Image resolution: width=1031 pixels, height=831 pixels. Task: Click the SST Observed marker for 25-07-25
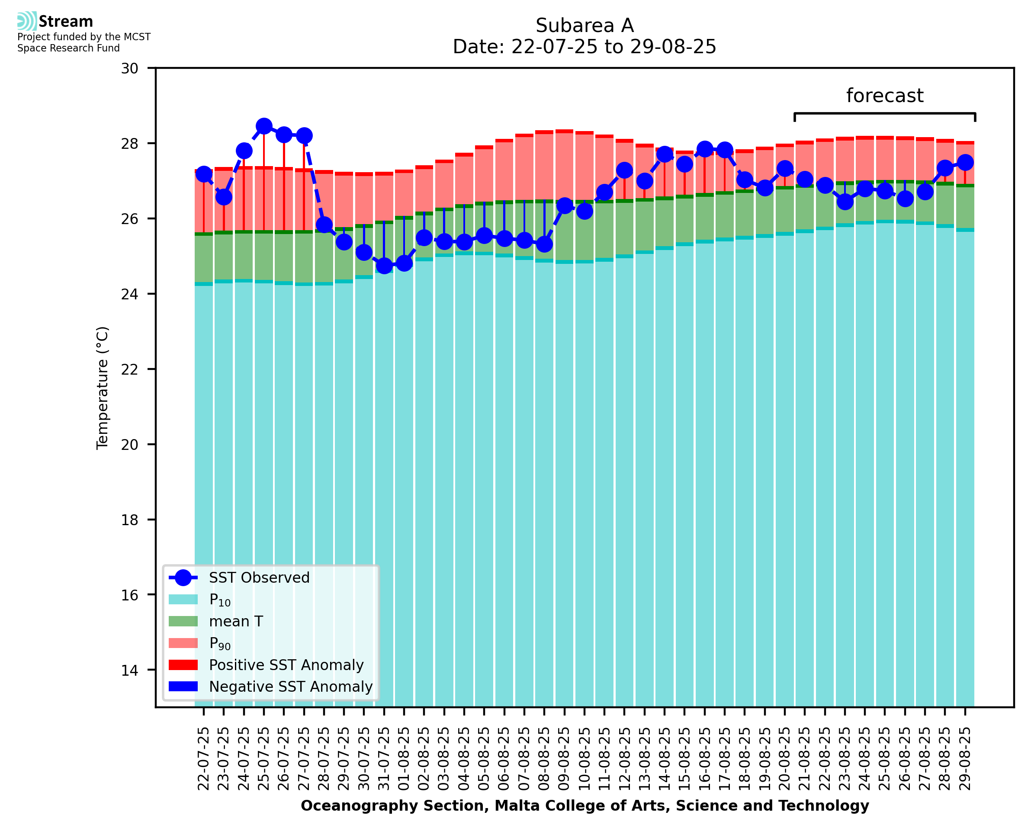[x=264, y=126]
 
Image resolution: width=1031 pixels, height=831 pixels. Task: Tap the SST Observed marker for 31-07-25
[x=384, y=265]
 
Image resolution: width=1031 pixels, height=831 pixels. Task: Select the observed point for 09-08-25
[x=564, y=206]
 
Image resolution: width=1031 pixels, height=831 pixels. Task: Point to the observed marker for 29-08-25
[x=965, y=162]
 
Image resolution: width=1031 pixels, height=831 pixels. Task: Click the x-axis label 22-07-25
[x=203, y=758]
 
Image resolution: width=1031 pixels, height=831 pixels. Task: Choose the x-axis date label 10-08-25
[x=585, y=758]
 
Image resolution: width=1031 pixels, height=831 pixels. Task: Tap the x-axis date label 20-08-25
[x=784, y=758]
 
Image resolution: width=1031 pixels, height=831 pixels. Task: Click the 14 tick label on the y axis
[x=129, y=670]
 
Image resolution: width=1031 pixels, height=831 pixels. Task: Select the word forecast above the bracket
[x=884, y=96]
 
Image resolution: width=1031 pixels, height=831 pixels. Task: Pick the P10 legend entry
[x=220, y=600]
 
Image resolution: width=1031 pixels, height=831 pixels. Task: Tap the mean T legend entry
[x=236, y=621]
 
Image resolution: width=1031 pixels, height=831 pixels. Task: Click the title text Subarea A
[x=585, y=26]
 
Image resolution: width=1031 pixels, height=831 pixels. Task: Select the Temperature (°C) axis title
[x=103, y=388]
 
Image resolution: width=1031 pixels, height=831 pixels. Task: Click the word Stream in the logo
[x=66, y=22]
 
